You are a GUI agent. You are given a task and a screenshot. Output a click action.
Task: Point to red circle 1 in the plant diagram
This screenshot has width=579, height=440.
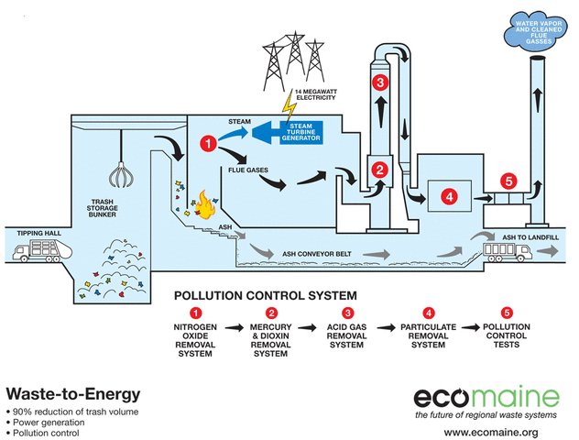click(x=210, y=143)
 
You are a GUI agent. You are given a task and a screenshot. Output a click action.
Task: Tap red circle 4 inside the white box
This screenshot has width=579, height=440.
click(x=448, y=196)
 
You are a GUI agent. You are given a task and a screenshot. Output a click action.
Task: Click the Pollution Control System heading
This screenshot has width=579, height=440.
click(x=266, y=295)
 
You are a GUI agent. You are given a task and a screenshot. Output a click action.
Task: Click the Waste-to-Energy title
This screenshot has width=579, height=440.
click(x=73, y=395)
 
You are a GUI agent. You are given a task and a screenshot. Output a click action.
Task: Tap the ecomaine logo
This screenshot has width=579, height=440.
click(x=486, y=397)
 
